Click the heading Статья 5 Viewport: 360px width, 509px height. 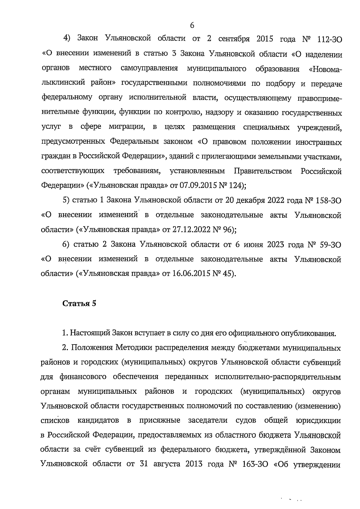click(79, 303)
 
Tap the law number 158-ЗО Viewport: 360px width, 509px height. click(328, 200)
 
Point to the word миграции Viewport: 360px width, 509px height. click(127, 127)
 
